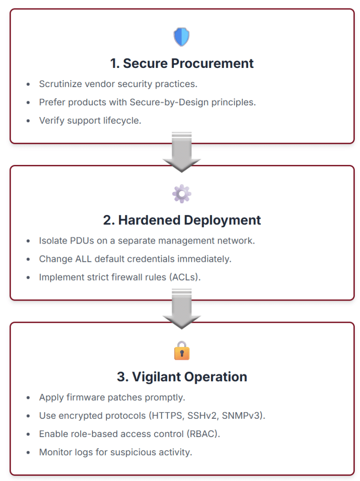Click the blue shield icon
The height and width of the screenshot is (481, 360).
181,37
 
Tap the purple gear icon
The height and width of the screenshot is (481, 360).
181,193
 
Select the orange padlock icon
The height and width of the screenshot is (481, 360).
181,350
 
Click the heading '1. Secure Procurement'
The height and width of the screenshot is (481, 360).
182,64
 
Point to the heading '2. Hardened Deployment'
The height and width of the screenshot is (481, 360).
182,220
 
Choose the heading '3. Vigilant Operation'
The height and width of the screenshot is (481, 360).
182,377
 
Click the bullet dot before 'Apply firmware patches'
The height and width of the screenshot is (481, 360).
29,398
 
